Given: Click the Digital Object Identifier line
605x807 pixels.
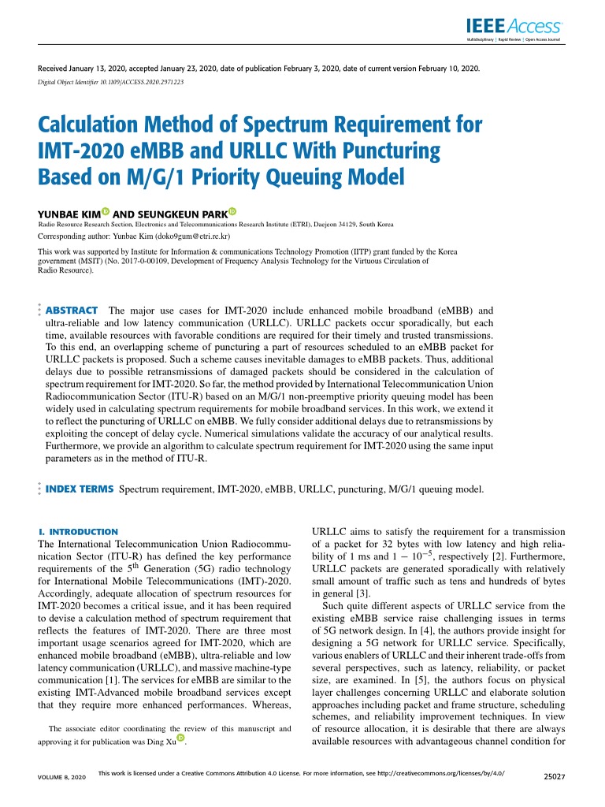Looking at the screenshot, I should click(111, 81).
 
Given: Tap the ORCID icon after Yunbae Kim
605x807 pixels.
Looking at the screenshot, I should click(106, 212).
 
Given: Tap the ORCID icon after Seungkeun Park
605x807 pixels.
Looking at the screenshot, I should click(232, 212).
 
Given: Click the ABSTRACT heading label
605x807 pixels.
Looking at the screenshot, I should click(72, 311).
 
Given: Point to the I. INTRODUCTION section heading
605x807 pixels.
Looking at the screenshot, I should click(78, 532).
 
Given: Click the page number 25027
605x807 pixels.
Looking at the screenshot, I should click(557, 776).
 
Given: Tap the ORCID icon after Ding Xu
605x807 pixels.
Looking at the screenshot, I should click(181, 738).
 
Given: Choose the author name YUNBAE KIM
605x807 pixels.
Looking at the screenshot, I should click(69, 214).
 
